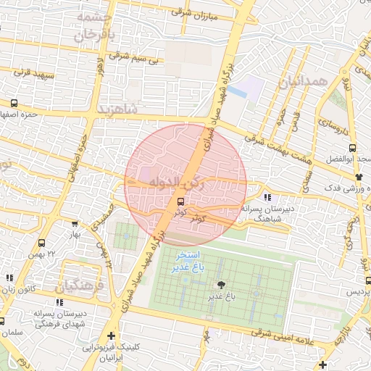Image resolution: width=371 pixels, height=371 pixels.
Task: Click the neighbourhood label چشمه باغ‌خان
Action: pos(91,25)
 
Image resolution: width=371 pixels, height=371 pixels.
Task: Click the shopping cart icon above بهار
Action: pos(75,224)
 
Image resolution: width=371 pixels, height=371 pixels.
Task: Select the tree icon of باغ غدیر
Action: pos(220,285)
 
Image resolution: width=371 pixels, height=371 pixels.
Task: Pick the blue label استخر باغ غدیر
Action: pos(188,262)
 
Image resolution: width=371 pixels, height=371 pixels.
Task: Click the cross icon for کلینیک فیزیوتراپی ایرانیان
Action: pos(110,335)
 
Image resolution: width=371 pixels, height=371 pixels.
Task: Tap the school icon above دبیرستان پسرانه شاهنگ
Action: pos(267,197)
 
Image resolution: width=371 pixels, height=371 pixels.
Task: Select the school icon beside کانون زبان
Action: pos(9,278)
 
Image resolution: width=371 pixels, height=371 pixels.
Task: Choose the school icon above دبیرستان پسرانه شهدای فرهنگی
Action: pos(59,302)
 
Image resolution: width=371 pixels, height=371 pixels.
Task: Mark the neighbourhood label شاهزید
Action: pos(117,109)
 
